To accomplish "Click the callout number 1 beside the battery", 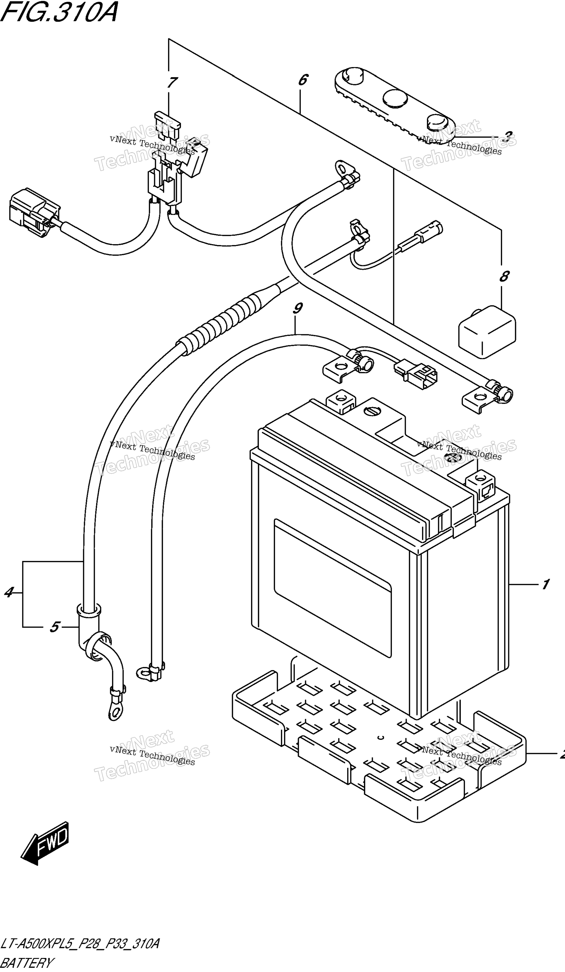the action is [545, 585].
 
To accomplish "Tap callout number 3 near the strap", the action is [508, 136].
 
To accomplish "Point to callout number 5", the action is [54, 627].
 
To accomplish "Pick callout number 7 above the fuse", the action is [172, 82].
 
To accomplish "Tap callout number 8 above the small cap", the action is [504, 276].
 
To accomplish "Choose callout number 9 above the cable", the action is [297, 308].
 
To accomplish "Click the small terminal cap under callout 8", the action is [487, 332].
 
